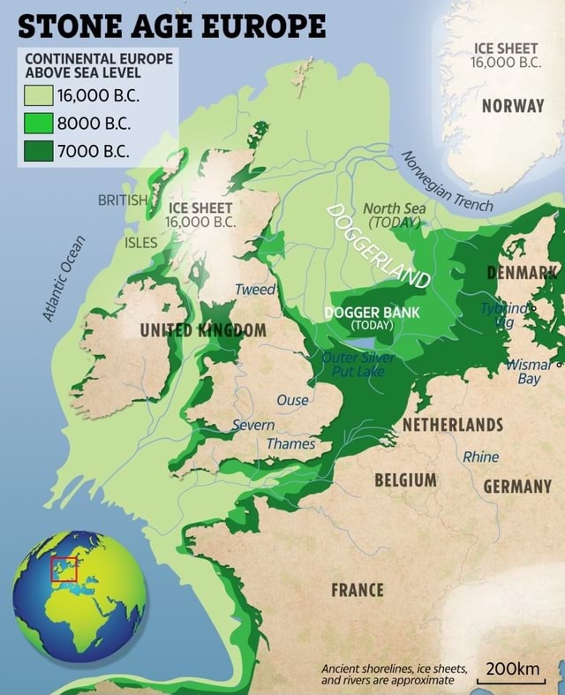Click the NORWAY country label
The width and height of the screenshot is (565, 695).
click(512, 106)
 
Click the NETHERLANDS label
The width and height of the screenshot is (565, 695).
click(453, 424)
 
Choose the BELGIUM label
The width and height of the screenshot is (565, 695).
click(406, 480)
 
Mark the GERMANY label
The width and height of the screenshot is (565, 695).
click(517, 486)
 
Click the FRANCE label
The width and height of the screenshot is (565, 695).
click(358, 590)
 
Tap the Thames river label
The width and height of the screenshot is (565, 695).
click(290, 443)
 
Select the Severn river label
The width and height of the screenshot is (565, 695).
click(253, 425)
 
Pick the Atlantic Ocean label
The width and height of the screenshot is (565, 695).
click(64, 279)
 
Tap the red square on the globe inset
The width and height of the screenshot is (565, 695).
click(64, 570)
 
